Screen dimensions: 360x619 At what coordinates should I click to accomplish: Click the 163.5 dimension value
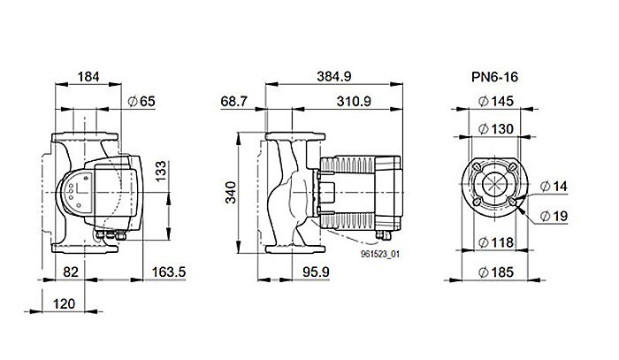168,272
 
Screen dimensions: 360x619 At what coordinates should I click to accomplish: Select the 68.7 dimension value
234,102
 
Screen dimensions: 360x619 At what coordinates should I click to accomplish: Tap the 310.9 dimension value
353,102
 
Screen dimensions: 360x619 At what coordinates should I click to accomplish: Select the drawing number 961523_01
381,254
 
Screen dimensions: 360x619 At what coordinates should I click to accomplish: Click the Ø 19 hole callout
554,215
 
